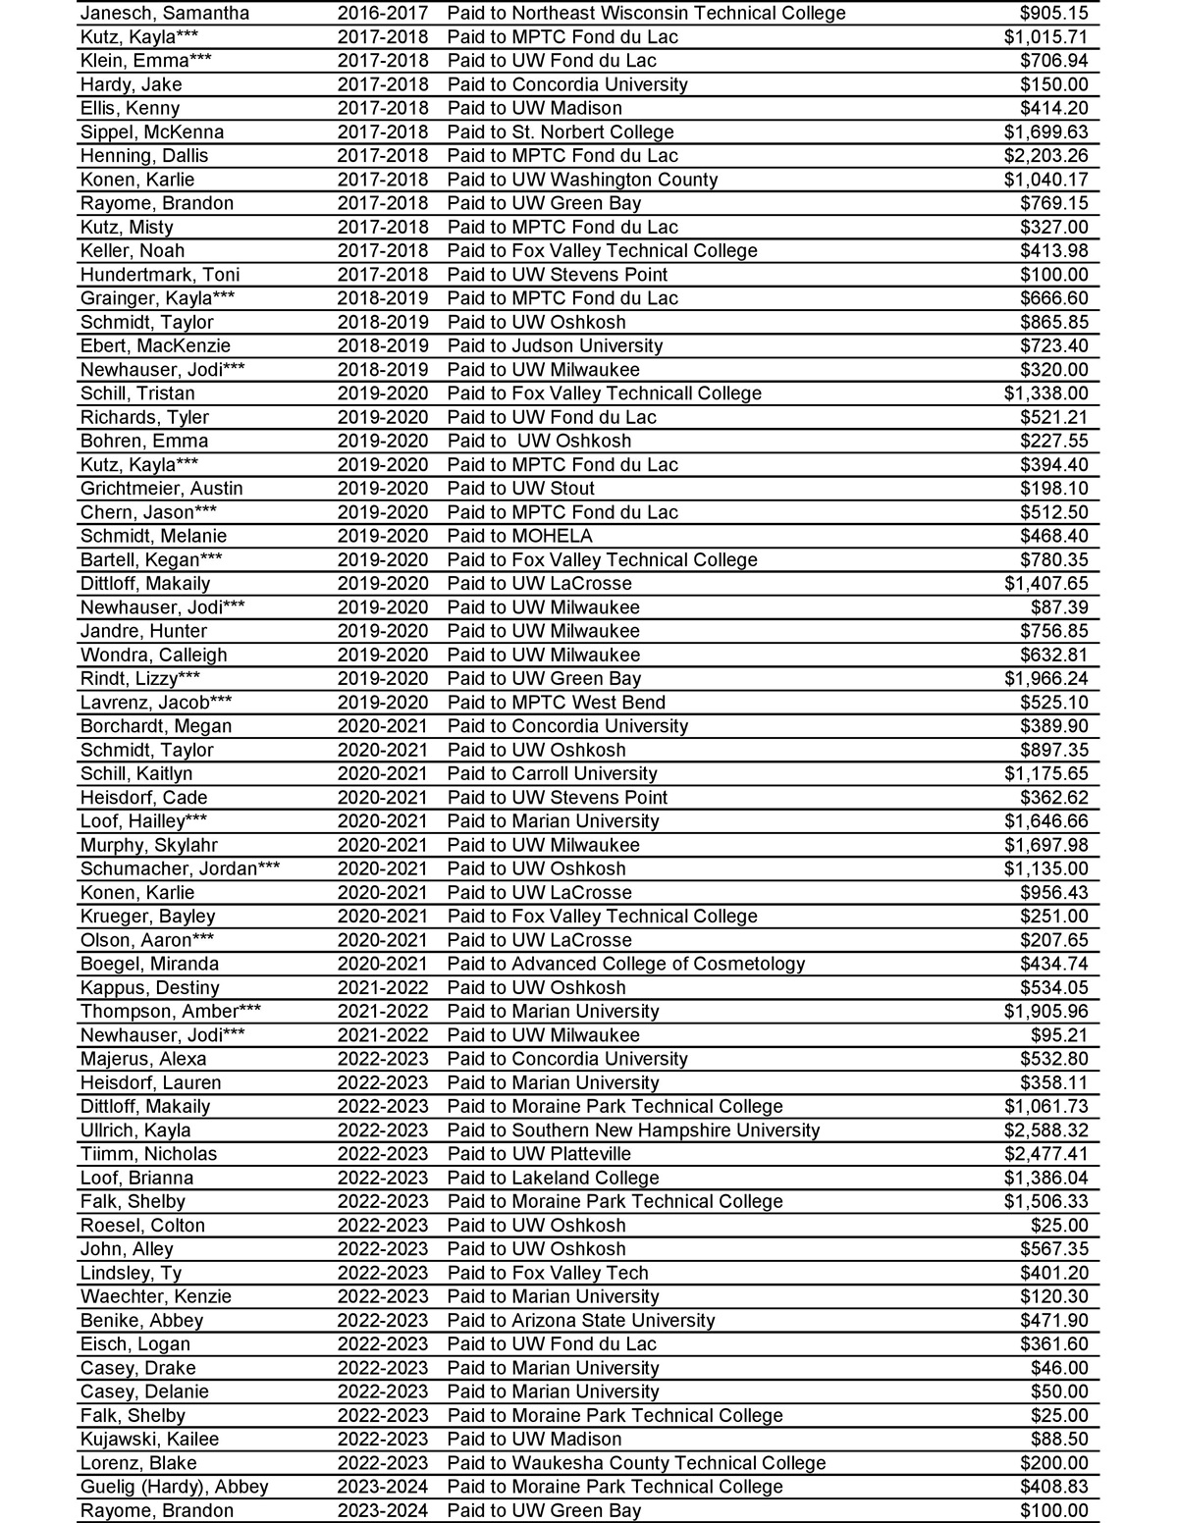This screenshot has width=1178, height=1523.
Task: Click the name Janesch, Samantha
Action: point(165,14)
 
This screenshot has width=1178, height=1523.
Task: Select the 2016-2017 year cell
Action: point(383,14)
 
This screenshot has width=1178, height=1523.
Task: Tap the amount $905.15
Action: point(1054,14)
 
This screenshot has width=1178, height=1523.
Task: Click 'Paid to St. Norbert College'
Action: point(561,132)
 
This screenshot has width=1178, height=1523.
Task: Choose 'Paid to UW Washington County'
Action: point(582,180)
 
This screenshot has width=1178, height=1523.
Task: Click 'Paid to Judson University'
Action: point(555,346)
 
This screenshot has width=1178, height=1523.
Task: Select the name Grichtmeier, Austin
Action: point(162,489)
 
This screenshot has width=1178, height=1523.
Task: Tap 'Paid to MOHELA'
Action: point(519,536)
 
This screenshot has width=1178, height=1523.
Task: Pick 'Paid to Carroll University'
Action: point(552,774)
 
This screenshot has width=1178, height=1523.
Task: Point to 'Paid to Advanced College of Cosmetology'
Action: point(625,964)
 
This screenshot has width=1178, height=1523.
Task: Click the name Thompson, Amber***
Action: point(171,1012)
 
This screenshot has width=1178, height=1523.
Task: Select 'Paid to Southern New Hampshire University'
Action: point(633,1130)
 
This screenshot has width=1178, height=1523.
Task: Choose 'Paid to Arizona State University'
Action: point(581,1321)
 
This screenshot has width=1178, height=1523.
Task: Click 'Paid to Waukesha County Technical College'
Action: point(636,1463)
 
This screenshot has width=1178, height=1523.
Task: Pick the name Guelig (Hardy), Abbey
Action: point(175,1487)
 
